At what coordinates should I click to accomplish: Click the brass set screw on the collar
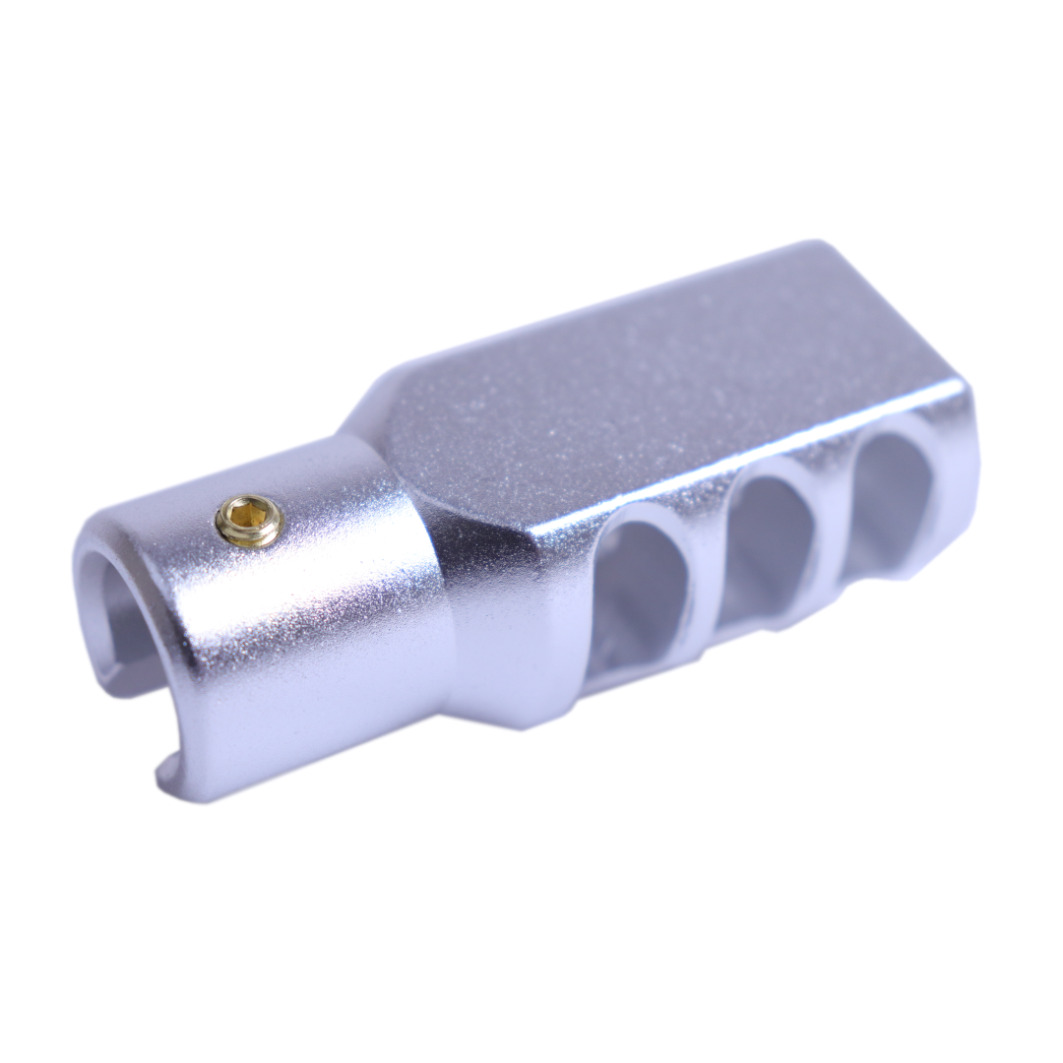pos(249,520)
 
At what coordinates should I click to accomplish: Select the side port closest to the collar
pos(641,590)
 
